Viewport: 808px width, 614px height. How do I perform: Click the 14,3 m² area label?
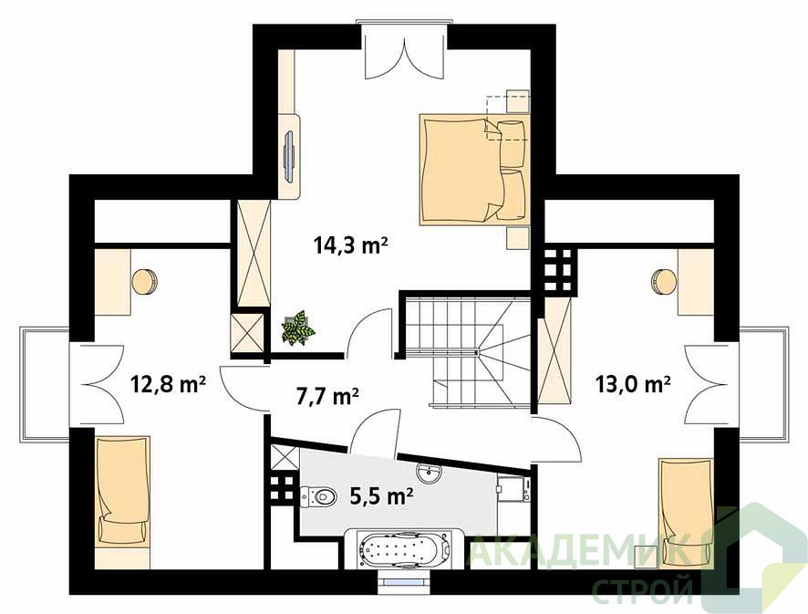point(350,245)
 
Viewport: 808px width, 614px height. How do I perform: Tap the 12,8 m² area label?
point(169,384)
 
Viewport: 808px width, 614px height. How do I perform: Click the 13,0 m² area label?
point(633,384)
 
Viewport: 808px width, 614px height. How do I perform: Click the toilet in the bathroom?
point(317,496)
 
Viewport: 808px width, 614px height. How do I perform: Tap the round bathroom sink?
point(429,473)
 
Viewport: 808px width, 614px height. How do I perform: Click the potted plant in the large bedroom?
point(297,328)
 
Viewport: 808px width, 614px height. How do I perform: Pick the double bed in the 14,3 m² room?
point(474,170)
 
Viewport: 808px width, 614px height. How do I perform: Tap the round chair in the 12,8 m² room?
point(145,282)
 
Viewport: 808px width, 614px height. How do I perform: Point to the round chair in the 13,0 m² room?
point(664,282)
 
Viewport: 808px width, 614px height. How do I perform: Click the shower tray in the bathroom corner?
point(285,457)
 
